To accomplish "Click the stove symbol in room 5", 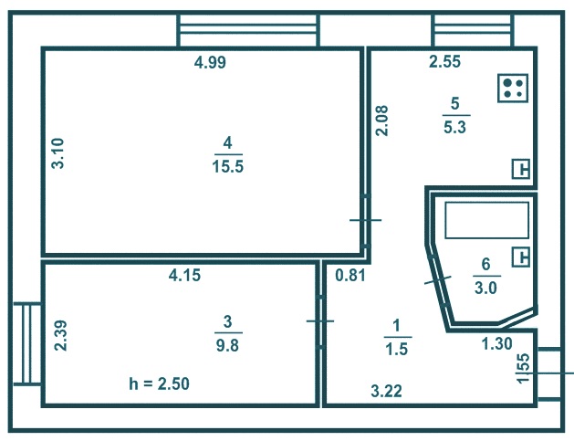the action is [513, 89].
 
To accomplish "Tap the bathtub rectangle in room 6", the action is [487, 220].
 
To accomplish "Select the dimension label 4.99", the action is [210, 63].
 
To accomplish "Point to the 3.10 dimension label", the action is [57, 153].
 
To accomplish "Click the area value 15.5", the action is [228, 167].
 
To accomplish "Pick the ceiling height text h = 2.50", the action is [159, 383].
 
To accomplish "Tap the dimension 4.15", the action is [185, 275].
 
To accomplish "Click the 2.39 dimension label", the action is [61, 335].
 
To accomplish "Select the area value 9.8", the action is [228, 345].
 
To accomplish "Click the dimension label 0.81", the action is [350, 275].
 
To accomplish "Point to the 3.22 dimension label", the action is [387, 391].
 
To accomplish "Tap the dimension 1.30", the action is [496, 343].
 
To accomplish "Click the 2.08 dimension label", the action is [381, 121].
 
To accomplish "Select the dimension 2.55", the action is [444, 61].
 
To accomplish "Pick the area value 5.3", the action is [454, 128].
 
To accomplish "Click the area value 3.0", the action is [485, 288].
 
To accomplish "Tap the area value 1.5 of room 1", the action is [396, 349].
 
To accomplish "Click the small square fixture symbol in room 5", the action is [521, 169].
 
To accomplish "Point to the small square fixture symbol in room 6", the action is [521, 257].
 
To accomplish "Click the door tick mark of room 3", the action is [320, 321].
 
